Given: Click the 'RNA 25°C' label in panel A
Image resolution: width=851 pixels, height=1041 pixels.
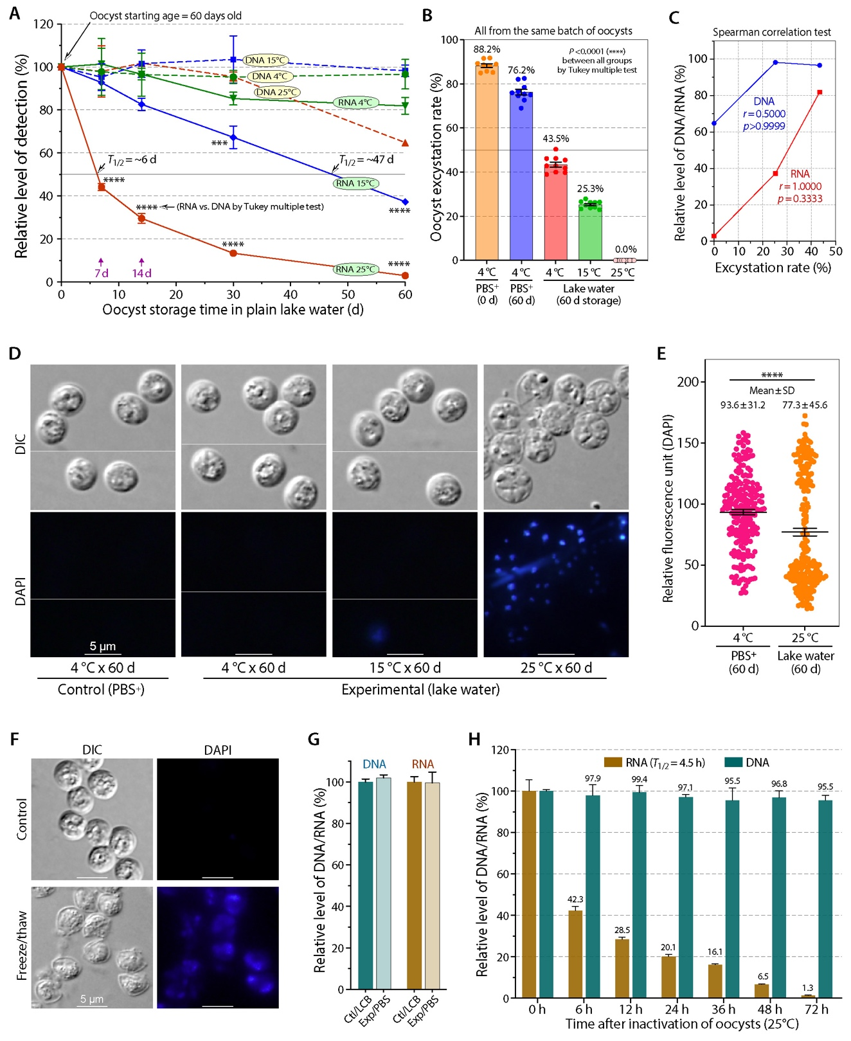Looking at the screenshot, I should pyautogui.click(x=355, y=269).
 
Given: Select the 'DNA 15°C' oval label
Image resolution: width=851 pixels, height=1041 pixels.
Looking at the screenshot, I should pyautogui.click(x=265, y=60).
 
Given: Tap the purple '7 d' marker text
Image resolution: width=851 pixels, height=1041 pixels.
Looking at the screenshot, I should pyautogui.click(x=102, y=273).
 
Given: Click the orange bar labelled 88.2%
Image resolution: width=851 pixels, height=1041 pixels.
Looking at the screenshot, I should pyautogui.click(x=487, y=161).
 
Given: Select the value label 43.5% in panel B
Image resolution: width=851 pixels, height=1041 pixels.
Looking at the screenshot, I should pyautogui.click(x=555, y=139).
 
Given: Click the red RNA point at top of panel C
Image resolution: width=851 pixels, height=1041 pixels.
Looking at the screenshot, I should pyautogui.click(x=820, y=93).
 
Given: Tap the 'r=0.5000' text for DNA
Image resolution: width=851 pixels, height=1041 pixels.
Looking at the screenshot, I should pyautogui.click(x=764, y=114).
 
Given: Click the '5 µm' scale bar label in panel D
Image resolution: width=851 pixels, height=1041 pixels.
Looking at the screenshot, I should pyautogui.click(x=102, y=646).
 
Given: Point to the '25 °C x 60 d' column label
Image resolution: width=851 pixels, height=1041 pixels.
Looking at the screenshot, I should pyautogui.click(x=556, y=668).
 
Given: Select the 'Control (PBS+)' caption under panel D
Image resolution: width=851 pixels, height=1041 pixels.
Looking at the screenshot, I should pyautogui.click(x=101, y=690).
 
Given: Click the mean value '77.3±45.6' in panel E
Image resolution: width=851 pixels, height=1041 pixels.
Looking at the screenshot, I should pyautogui.click(x=805, y=405).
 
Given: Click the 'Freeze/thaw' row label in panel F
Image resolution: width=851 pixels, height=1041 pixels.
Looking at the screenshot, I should pyautogui.click(x=22, y=945).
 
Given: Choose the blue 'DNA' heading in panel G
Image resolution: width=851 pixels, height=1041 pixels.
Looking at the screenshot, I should pyautogui.click(x=374, y=765).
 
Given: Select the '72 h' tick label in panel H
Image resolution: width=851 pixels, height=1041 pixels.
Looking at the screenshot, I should pyautogui.click(x=816, y=1009).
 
